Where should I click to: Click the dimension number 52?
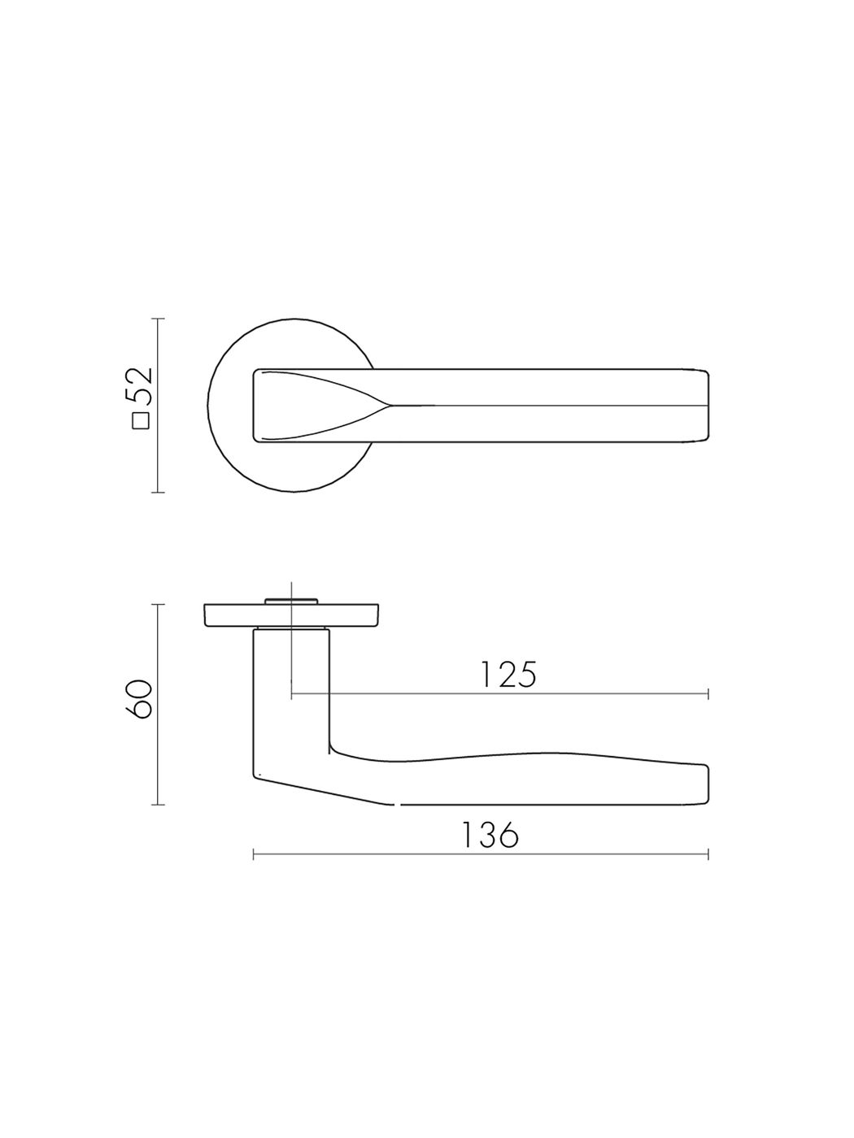coord(141,386)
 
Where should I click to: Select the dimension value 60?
coord(141,698)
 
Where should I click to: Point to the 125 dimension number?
coord(508,674)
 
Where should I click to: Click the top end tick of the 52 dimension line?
coord(158,319)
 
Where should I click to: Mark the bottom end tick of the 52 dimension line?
coord(158,492)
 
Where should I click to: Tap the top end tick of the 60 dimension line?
coord(158,605)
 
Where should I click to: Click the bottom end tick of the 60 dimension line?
coord(158,805)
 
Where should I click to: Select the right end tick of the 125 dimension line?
coord(708,693)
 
